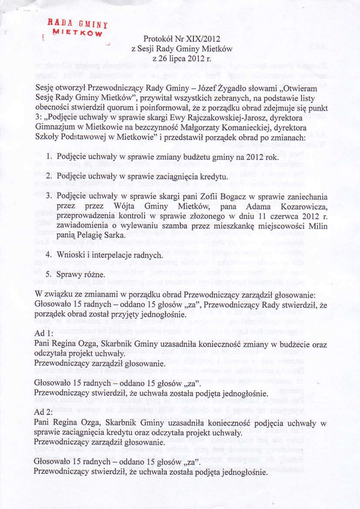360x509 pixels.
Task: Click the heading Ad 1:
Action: pos(44,333)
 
